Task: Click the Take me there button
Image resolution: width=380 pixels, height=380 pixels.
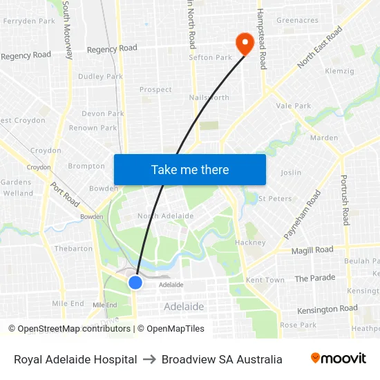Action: point(190,170)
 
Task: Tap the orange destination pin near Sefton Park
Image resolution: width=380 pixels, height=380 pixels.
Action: point(244,44)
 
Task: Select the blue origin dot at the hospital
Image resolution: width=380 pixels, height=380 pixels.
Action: point(135,282)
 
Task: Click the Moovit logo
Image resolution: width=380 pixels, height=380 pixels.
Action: point(339,359)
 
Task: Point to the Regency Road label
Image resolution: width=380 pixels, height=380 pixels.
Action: point(112,49)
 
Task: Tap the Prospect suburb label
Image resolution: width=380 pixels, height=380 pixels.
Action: point(155,90)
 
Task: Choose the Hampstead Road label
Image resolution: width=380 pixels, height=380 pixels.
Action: point(261,38)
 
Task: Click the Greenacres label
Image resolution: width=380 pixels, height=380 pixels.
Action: point(297,21)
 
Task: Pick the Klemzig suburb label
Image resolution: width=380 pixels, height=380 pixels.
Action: point(339,71)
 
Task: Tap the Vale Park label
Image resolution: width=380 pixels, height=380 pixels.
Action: point(293,106)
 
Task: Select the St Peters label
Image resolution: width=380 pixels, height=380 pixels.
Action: point(275,199)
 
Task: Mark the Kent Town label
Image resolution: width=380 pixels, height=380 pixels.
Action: point(265,281)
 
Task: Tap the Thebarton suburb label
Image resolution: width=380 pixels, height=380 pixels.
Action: point(73,249)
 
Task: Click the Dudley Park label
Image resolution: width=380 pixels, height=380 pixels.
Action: point(100,77)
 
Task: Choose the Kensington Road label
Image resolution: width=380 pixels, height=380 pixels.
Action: point(327,309)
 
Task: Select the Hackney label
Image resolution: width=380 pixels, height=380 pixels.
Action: point(250,243)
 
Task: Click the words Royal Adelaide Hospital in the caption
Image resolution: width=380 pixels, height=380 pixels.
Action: point(75,359)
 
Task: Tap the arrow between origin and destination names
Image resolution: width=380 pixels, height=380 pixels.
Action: point(149,359)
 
